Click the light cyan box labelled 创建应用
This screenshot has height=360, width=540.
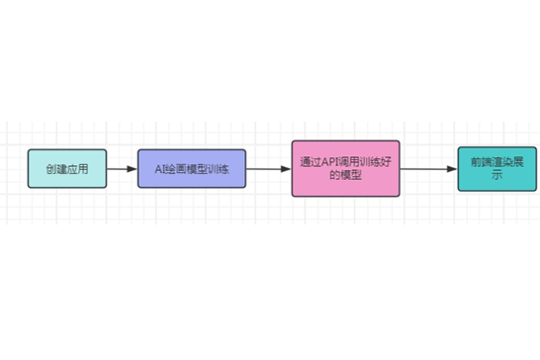67,168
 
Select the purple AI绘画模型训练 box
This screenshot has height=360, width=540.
192,168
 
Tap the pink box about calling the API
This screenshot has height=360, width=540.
346,168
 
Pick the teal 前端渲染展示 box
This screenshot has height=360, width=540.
497,169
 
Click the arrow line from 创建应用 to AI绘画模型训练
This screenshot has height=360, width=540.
122,169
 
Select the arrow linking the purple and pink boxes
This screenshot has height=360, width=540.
269,169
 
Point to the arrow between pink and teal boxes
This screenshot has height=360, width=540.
429,169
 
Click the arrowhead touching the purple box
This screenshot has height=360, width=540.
133,169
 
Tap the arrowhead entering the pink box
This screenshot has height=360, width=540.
286,169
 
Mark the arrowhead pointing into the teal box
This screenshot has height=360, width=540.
452,169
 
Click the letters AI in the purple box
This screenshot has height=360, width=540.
159,169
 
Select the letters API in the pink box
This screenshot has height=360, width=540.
330,162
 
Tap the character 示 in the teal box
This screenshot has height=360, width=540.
496,175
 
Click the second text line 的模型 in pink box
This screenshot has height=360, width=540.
346,175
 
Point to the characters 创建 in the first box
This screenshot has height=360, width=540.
56,169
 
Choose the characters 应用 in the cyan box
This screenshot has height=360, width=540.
78,169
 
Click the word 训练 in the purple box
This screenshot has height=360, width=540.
219,169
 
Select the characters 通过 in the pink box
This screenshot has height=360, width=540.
311,162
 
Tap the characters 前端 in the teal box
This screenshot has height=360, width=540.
481,162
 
